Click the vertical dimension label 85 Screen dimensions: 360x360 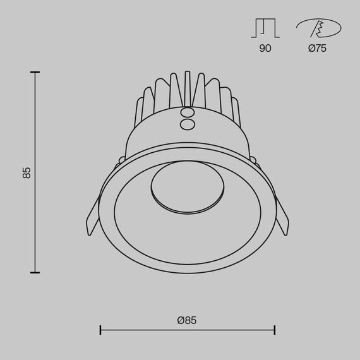coord(27,172)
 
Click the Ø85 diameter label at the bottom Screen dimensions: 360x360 coord(187,320)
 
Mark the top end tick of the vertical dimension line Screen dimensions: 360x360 coord(35,73)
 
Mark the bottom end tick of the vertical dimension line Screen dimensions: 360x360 coord(35,272)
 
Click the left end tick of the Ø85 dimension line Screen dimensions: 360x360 coord(100,330)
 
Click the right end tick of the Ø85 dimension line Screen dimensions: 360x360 coord(274,330)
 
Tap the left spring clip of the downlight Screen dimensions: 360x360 coord(92,218)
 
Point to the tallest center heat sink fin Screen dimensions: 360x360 coord(187,88)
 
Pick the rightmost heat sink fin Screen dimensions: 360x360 coord(235,110)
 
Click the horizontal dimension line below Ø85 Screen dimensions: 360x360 coord(187,330)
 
